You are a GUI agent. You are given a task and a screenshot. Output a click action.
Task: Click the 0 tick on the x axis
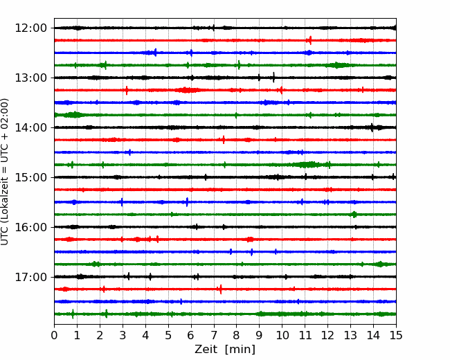pos(55,336)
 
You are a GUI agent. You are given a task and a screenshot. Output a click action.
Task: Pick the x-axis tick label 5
pos(168,336)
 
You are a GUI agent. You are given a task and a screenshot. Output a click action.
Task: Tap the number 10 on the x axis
pos(282,336)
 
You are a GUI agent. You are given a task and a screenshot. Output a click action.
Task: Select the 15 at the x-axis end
pos(395,336)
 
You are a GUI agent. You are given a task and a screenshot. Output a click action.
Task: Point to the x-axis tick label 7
pos(214,336)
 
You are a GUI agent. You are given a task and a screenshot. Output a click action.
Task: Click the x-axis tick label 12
pos(327,336)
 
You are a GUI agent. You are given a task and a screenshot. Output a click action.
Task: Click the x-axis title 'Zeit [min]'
pos(225,350)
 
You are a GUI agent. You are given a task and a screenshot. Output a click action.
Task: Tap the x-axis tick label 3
pos(123,336)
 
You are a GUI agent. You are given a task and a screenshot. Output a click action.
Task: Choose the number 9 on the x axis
pos(259,336)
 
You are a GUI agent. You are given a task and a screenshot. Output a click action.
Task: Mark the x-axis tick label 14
pos(373,336)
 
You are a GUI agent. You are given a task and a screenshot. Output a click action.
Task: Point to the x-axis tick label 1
pos(78,336)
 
